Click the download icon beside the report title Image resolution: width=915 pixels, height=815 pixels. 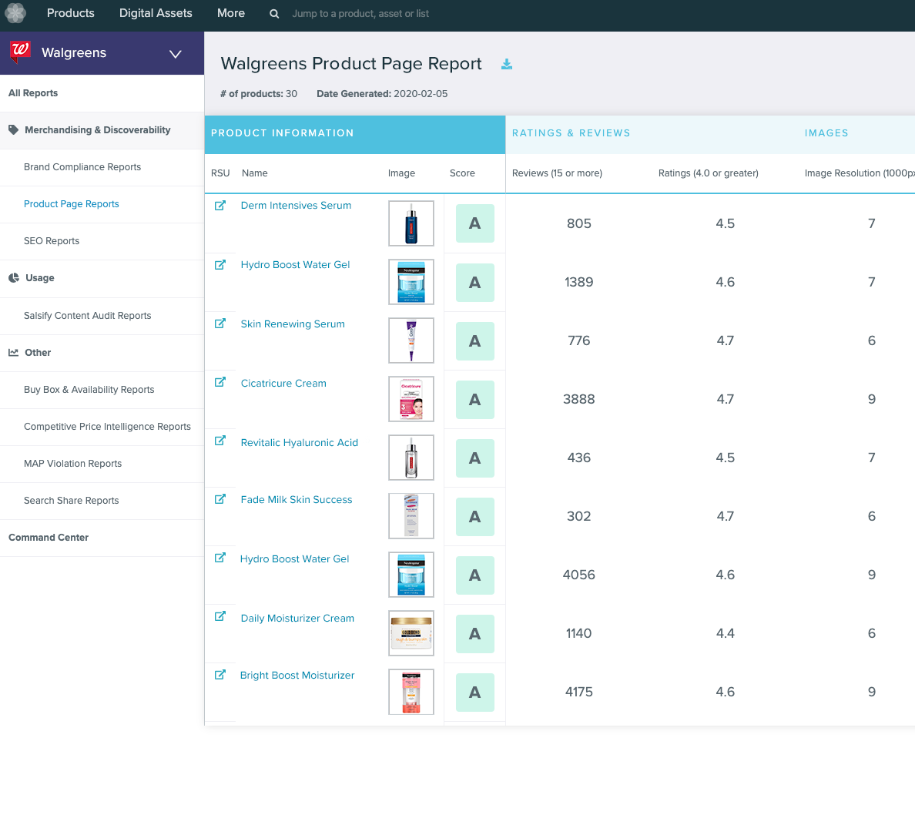pyautogui.click(x=507, y=64)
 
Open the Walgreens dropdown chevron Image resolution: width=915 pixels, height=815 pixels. pyautogui.click(x=176, y=54)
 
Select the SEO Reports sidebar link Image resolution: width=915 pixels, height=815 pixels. pyautogui.click(x=52, y=241)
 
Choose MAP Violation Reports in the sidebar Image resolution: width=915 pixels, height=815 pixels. pyautogui.click(x=72, y=464)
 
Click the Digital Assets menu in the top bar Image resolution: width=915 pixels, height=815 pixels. pyautogui.click(x=156, y=13)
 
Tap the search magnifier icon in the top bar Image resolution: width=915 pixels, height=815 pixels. pyautogui.click(x=274, y=14)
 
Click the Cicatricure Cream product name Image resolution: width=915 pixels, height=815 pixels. pyautogui.click(x=283, y=384)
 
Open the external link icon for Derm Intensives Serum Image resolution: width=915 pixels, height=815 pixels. pyautogui.click(x=220, y=206)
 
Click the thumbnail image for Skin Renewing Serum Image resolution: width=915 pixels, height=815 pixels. pyautogui.click(x=411, y=340)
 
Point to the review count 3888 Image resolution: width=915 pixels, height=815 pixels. pyautogui.click(x=578, y=399)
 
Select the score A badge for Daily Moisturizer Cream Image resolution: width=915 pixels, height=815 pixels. pyautogui.click(x=474, y=634)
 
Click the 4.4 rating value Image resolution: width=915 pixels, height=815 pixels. pyautogui.click(x=725, y=633)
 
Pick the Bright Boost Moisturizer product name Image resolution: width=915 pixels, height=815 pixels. pyautogui.click(x=297, y=676)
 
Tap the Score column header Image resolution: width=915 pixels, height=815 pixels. pyautogui.click(x=462, y=173)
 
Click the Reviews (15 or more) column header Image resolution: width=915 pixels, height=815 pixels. pyautogui.click(x=557, y=173)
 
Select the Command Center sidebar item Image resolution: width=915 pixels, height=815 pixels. pyautogui.click(x=49, y=538)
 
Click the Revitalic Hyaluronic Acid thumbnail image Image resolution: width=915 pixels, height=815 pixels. pyautogui.click(x=411, y=458)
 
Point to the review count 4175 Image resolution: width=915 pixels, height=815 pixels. pyautogui.click(x=578, y=692)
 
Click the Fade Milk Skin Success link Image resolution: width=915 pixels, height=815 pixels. pyautogui.click(x=297, y=500)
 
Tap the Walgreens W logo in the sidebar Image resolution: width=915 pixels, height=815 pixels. pyautogui.click(x=20, y=52)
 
